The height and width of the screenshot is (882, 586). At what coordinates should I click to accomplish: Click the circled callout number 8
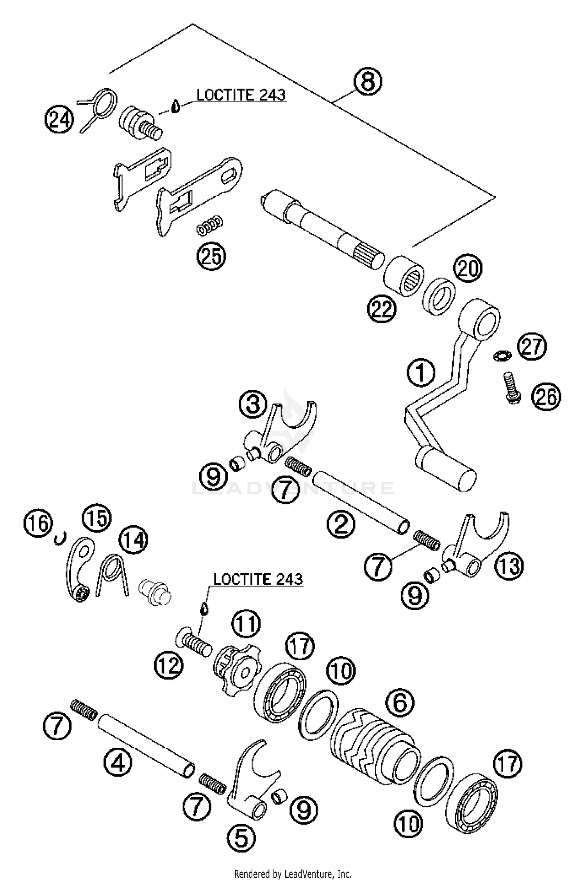tap(367, 82)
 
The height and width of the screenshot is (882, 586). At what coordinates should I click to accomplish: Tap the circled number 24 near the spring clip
tap(59, 119)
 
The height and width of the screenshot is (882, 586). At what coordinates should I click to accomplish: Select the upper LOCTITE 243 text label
tap(241, 95)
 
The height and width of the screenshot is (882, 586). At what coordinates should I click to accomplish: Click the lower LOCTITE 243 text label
tap(258, 579)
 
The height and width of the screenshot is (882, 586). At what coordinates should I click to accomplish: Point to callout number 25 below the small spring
tap(211, 257)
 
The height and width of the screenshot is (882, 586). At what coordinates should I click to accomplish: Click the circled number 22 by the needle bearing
tap(381, 309)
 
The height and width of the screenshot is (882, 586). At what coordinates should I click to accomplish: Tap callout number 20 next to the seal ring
tap(468, 269)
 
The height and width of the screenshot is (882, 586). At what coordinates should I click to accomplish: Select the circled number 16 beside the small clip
tap(38, 523)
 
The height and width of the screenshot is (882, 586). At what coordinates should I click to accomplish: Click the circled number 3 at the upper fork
tap(253, 404)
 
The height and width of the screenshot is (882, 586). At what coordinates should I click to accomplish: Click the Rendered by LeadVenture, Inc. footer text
tap(293, 873)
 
